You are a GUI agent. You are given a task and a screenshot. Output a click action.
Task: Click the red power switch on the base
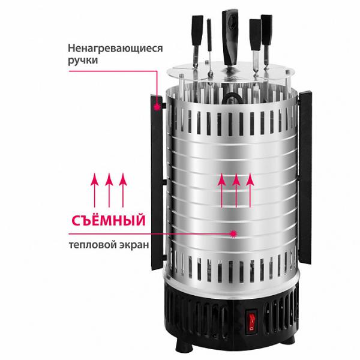coord(251,322)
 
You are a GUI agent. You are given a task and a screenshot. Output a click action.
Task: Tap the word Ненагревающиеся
coord(115,49)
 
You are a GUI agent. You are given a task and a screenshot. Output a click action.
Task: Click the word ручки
coord(83,61)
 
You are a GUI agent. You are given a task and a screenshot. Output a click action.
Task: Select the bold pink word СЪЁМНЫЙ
coord(109,220)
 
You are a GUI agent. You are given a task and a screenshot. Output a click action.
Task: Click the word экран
coord(133,245)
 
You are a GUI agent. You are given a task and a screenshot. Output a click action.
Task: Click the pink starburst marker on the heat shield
coord(233,234)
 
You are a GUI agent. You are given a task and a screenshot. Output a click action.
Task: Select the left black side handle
coord(157,181)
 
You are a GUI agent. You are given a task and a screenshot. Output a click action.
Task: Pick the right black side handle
coord(305,177)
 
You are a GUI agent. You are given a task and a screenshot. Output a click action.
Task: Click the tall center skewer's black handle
coord(230,37)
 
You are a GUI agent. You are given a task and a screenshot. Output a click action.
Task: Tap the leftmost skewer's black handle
coord(197,30)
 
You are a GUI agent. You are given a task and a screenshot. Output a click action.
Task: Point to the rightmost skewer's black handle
coord(266,30)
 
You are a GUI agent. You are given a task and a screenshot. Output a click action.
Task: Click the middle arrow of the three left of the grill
coord(109,190)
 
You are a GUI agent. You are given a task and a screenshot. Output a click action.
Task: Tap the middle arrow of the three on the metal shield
coord(236,190)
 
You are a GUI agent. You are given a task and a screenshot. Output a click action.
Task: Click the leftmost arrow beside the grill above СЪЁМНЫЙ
coord(95,190)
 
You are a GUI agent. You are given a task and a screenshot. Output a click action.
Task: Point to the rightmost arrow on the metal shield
coord(250,190)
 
